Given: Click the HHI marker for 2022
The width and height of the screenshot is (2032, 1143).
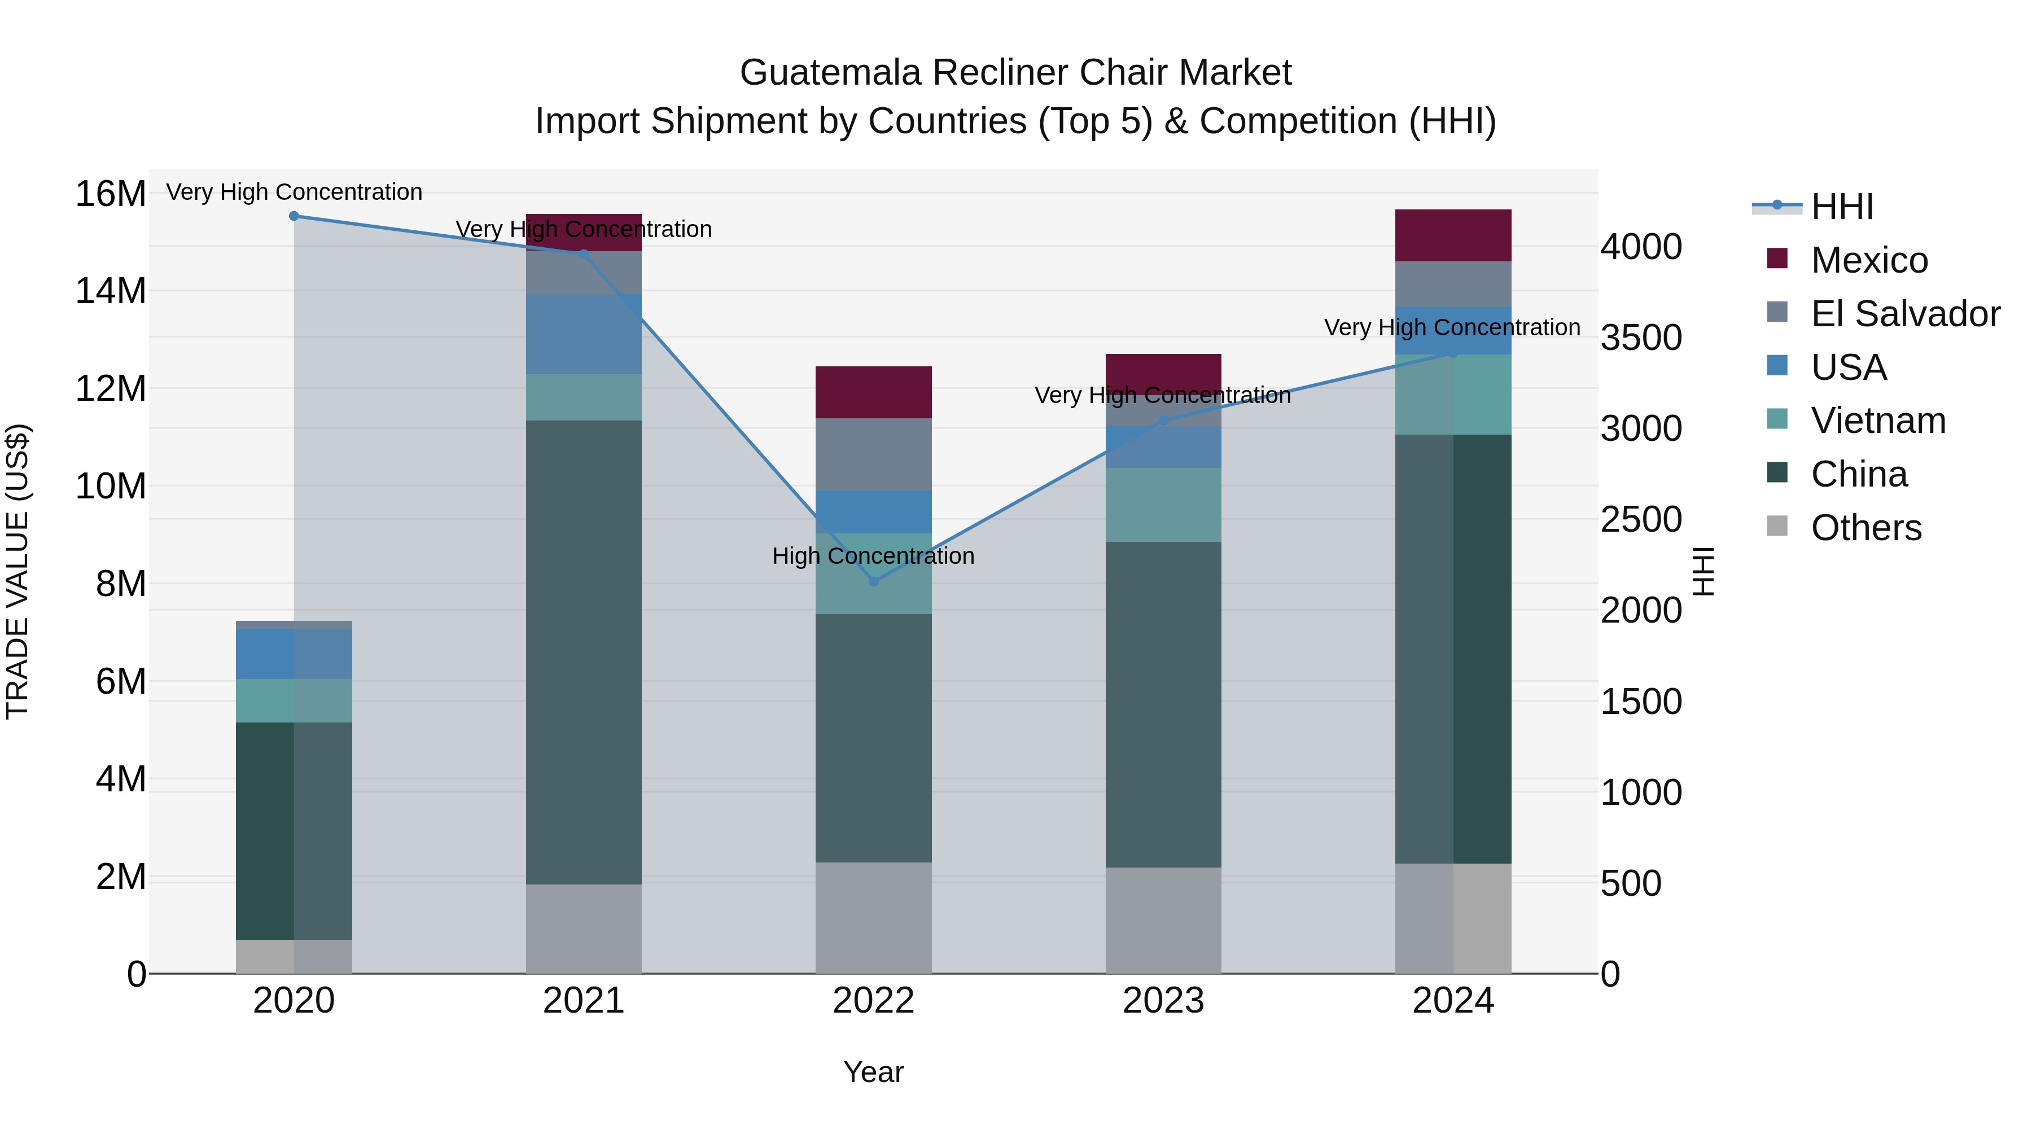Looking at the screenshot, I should (x=873, y=581).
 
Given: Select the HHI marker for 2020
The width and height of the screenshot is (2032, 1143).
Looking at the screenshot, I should (x=294, y=216).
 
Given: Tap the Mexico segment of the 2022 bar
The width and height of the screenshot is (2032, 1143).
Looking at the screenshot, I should (x=873, y=392).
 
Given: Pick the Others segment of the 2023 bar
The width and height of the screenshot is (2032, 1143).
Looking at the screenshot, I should (x=1163, y=920).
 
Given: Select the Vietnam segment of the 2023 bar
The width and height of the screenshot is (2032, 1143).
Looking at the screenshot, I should (x=1163, y=505).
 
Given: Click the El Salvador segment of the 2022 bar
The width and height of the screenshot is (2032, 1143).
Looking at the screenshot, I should (x=873, y=454).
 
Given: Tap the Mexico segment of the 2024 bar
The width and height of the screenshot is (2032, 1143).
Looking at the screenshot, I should (x=1453, y=235).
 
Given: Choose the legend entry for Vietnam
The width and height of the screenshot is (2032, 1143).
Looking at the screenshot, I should (x=1877, y=421).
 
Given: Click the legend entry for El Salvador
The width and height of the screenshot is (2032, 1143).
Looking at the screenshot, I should (x=1904, y=313).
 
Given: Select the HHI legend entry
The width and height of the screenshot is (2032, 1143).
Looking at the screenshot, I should (x=1841, y=207).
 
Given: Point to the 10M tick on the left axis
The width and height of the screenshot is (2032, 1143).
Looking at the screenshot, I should (x=111, y=486).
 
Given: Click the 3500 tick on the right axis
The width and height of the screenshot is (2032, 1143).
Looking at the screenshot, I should (x=1641, y=338).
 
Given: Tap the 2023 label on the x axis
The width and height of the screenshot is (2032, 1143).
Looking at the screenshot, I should (x=1163, y=1001).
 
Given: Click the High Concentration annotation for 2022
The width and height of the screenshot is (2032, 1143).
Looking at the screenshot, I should (x=873, y=556).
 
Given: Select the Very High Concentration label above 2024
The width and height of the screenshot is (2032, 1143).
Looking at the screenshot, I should (x=1451, y=327).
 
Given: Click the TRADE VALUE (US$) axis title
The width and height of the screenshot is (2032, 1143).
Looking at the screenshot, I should (x=17, y=571).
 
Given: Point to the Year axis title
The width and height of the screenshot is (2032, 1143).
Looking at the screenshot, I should (x=873, y=1072).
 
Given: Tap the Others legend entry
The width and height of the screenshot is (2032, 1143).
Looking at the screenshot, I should (x=1865, y=528).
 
